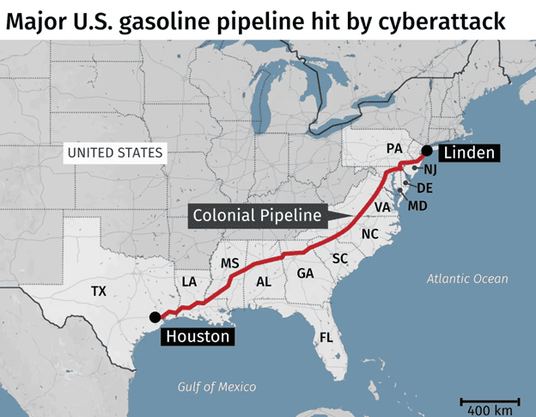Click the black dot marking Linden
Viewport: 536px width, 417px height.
pyautogui.click(x=427, y=152)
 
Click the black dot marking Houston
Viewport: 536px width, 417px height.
pyautogui.click(x=154, y=316)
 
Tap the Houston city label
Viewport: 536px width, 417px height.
pyautogui.click(x=198, y=336)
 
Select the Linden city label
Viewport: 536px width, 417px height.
pyautogui.click(x=468, y=153)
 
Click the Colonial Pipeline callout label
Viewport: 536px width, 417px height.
pyautogui.click(x=257, y=215)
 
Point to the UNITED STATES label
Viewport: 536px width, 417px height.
pyautogui.click(x=114, y=153)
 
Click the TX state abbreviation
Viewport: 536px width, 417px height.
pyautogui.click(x=99, y=291)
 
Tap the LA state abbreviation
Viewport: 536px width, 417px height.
pyautogui.click(x=189, y=281)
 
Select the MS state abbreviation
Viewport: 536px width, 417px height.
pyautogui.click(x=229, y=262)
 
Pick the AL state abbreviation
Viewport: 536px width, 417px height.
pyautogui.click(x=264, y=281)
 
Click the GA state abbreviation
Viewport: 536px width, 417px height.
pyautogui.click(x=305, y=273)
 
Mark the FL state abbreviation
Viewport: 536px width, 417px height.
pyautogui.click(x=326, y=337)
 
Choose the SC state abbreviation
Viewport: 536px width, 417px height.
pyautogui.click(x=339, y=258)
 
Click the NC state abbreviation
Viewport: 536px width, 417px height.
pyautogui.click(x=369, y=234)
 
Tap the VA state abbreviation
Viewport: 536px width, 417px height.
pyautogui.click(x=382, y=207)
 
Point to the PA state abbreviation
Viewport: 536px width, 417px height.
pyautogui.click(x=394, y=148)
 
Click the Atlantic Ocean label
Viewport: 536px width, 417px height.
pyautogui.click(x=467, y=279)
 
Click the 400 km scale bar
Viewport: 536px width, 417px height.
pyautogui.click(x=490, y=402)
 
